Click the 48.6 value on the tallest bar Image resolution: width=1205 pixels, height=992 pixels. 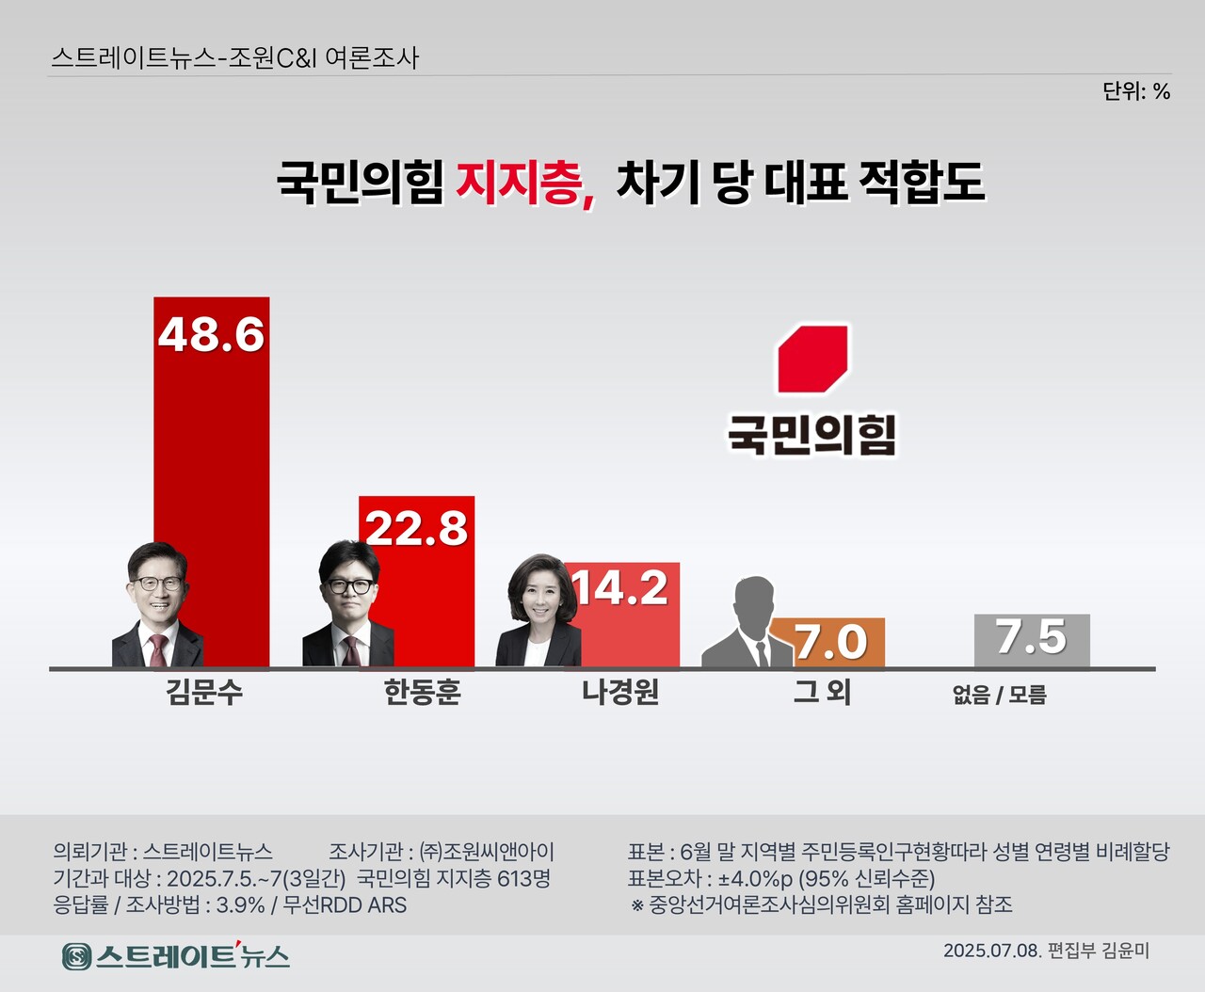click(x=211, y=335)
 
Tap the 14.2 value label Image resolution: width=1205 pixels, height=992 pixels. click(x=620, y=588)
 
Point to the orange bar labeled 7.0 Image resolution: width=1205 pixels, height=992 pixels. click(x=829, y=642)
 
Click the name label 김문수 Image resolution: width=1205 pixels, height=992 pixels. click(x=204, y=694)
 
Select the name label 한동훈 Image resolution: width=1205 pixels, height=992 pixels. click(x=422, y=694)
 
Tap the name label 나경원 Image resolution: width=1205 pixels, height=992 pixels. click(x=620, y=694)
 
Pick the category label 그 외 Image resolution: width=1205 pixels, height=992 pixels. click(x=822, y=693)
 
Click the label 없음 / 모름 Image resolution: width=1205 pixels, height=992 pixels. click(x=1000, y=696)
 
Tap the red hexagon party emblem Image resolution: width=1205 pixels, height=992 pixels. click(x=812, y=359)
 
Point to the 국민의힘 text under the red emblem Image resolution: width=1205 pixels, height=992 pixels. click(x=811, y=435)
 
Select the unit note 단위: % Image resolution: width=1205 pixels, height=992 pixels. click(x=1136, y=91)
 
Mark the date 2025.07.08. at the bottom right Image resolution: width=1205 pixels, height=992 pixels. click(x=992, y=951)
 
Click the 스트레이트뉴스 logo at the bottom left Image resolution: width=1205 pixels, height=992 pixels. click(x=176, y=956)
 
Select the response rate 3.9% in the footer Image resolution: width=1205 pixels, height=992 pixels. click(x=241, y=905)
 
